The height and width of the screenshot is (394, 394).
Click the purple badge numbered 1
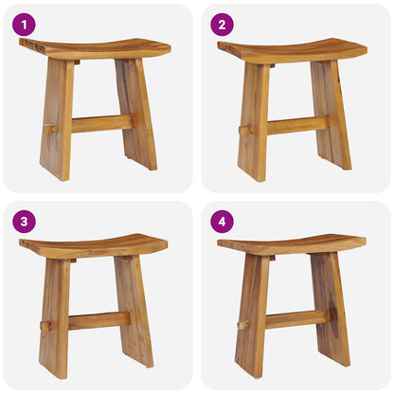point(24,25)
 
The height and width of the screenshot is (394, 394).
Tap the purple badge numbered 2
point(222,25)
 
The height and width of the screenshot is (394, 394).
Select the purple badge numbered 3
point(24,222)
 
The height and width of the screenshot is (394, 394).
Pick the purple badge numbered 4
point(222,222)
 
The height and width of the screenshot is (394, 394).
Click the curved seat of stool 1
point(95,48)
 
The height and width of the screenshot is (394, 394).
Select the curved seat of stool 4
point(292,245)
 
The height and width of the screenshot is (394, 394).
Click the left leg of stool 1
point(57,118)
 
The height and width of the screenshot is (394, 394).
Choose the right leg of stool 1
point(136,114)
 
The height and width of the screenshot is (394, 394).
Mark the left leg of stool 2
point(254,118)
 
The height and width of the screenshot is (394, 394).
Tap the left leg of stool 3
point(54,317)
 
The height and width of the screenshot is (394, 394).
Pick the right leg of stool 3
point(134,311)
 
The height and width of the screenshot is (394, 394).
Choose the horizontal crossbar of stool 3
point(98,321)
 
